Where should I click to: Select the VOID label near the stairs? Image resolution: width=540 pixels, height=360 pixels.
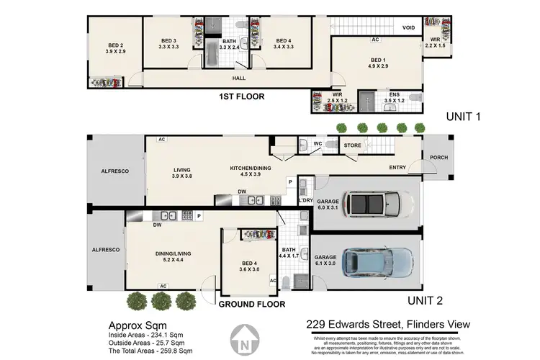point(408,28)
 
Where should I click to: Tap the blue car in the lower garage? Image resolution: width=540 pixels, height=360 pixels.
point(377,262)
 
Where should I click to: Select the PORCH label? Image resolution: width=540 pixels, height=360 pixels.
point(438,157)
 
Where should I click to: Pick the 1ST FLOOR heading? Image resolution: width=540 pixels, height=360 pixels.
point(244,96)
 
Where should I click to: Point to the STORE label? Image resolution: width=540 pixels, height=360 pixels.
point(352,145)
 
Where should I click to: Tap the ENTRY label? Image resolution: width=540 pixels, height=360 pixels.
point(397,168)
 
